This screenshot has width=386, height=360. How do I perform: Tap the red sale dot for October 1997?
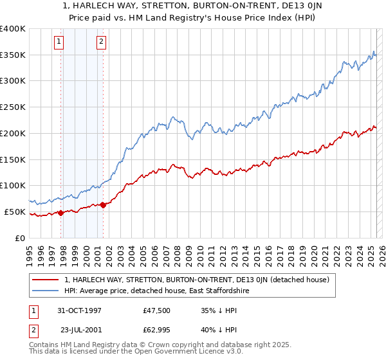pyautogui.click(x=61, y=213)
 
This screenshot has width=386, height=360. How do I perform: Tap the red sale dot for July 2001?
pyautogui.click(x=104, y=204)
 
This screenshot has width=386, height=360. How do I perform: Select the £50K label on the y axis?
pyautogui.click(x=15, y=212)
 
